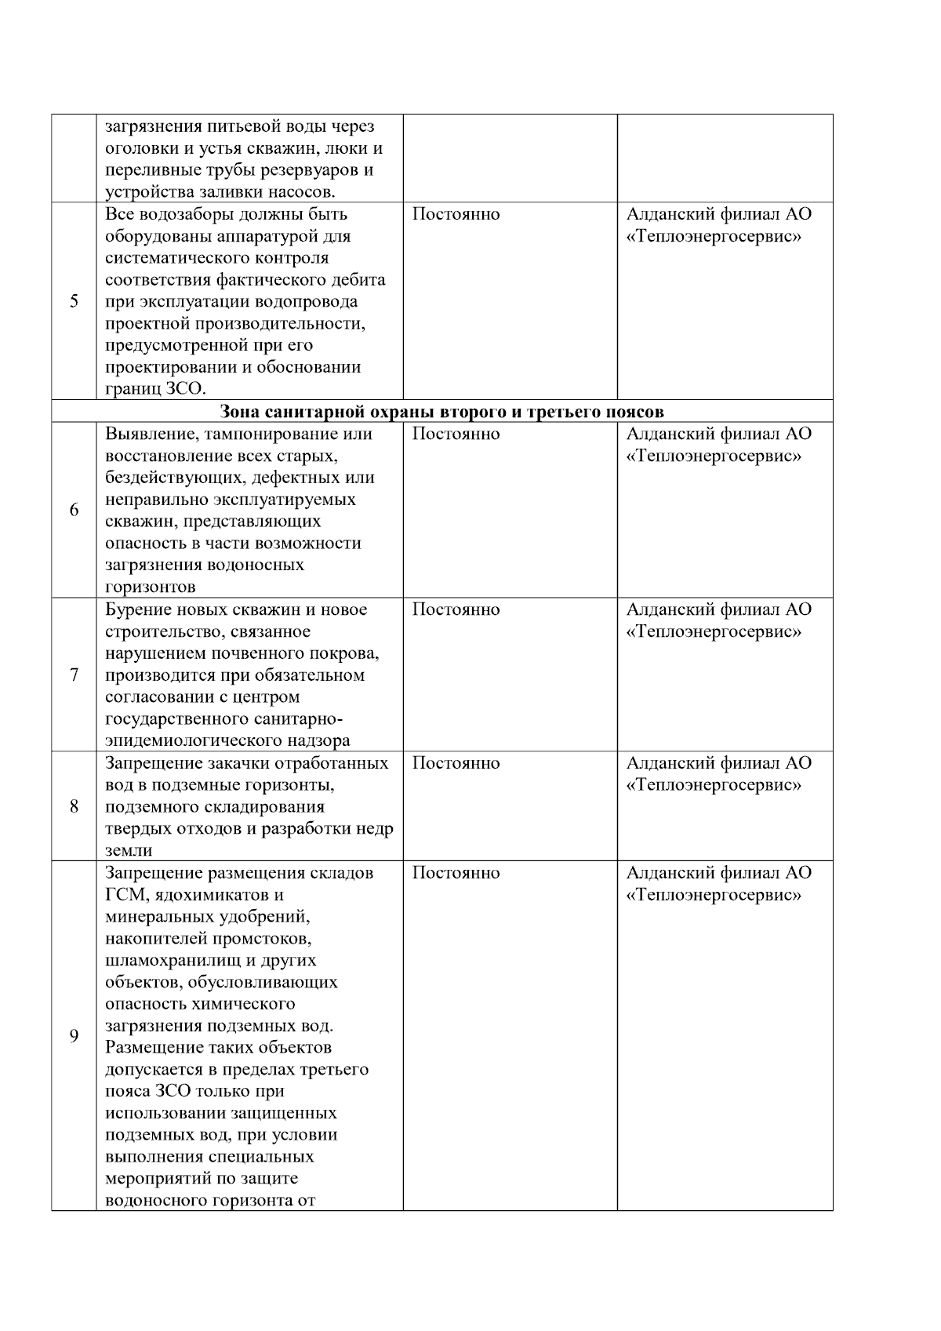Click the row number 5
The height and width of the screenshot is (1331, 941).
pos(74,302)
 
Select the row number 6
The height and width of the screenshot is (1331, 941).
pos(74,510)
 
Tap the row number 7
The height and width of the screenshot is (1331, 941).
pos(74,675)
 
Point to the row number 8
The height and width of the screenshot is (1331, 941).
pos(74,806)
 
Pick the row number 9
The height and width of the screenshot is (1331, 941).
pos(74,1036)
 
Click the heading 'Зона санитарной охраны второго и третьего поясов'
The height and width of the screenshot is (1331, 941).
pos(441,412)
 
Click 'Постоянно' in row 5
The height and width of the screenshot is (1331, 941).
pos(456,214)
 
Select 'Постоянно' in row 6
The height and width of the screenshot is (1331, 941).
pos(456,434)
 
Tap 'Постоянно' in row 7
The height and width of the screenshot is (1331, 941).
pos(456,609)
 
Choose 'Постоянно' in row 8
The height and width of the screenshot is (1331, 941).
pos(456,763)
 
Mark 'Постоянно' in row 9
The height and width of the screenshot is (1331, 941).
pos(456,873)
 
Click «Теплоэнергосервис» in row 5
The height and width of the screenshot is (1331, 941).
pos(714,236)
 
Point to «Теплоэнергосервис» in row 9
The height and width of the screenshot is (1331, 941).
pos(714,895)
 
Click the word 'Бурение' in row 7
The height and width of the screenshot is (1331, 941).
pos(134,609)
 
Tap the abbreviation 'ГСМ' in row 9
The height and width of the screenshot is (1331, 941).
pos(123,895)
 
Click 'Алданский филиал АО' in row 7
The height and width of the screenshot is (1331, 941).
pos(718,609)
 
